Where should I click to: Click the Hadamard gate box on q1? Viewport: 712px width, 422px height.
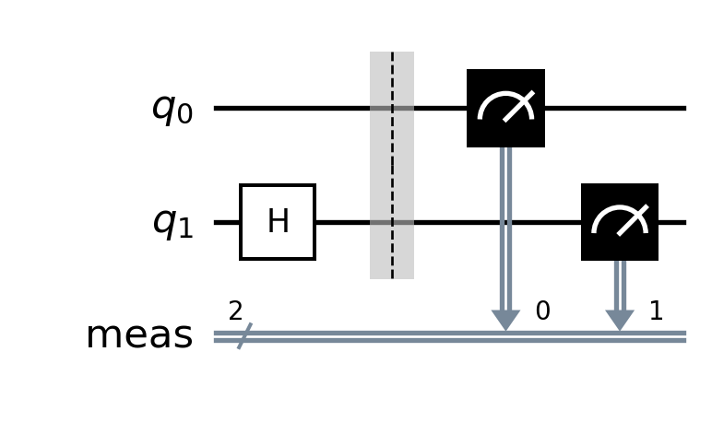click(x=278, y=222)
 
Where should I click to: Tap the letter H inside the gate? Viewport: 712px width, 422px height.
click(x=278, y=221)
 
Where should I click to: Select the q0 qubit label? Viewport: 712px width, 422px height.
click(x=172, y=110)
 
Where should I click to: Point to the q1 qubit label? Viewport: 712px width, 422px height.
click(x=172, y=224)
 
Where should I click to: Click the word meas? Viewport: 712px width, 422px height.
click(x=139, y=335)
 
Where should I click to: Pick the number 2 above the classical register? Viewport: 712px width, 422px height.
click(x=235, y=311)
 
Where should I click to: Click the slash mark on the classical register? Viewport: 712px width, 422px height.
click(x=244, y=336)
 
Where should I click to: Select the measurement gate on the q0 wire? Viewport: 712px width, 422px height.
click(x=505, y=108)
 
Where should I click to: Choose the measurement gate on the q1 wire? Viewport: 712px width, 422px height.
click(x=620, y=222)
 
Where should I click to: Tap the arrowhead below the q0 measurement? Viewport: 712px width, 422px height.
click(x=505, y=321)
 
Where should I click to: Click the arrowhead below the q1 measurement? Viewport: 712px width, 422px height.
click(x=620, y=321)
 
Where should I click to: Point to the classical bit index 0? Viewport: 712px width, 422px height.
click(x=543, y=311)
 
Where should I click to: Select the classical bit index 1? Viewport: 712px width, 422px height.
click(x=656, y=311)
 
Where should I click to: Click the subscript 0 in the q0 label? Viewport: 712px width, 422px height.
click(x=184, y=115)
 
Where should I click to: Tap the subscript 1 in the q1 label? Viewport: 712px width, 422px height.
click(x=185, y=229)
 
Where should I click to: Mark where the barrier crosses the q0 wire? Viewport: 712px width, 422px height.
click(x=392, y=108)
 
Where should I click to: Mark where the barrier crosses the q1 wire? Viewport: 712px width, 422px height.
click(x=392, y=222)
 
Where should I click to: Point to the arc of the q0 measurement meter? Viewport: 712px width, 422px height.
click(x=505, y=94)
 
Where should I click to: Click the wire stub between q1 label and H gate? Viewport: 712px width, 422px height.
click(x=227, y=222)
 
